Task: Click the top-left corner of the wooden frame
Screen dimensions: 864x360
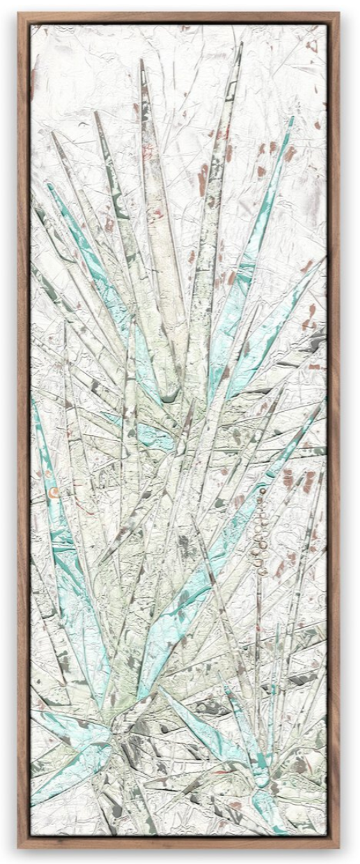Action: coord(19,13)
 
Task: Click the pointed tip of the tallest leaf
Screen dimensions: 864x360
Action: coord(241,43)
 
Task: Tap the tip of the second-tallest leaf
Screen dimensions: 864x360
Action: coord(142,60)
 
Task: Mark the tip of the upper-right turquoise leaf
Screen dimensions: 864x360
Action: coord(292,118)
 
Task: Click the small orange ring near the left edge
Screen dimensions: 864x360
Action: coord(53,493)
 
